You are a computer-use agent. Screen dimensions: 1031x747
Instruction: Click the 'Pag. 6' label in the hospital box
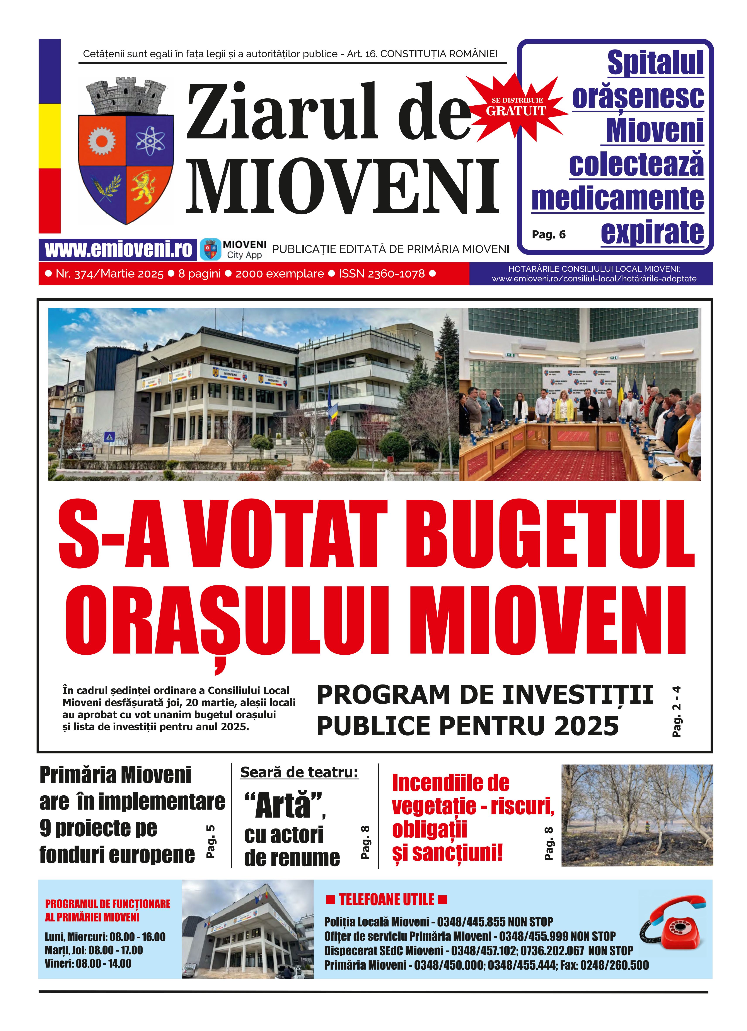(548, 235)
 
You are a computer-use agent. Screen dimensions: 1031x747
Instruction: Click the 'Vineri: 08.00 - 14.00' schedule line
(88, 963)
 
